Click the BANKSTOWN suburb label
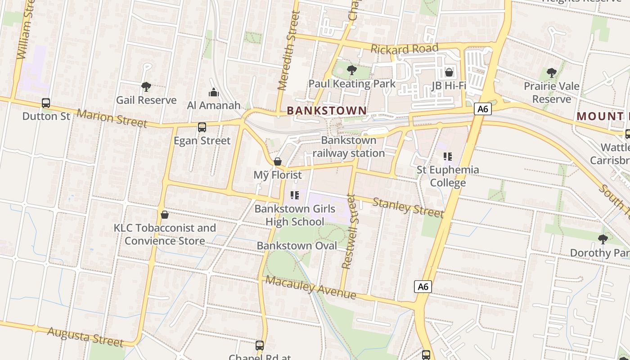(326, 110)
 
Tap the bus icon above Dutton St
(46, 103)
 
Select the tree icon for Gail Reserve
(146, 86)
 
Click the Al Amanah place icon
(214, 93)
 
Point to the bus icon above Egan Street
(202, 127)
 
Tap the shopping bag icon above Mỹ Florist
(278, 162)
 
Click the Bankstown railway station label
(349, 147)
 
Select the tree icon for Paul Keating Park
(352, 70)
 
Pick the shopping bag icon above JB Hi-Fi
(449, 72)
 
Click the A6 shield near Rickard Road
(482, 109)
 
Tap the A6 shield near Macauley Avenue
(423, 287)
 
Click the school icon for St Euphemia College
(447, 157)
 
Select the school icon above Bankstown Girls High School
(295, 195)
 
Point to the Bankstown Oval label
(297, 246)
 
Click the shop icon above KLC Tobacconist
(165, 215)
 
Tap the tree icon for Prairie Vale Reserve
(551, 72)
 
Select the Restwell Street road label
(349, 231)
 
